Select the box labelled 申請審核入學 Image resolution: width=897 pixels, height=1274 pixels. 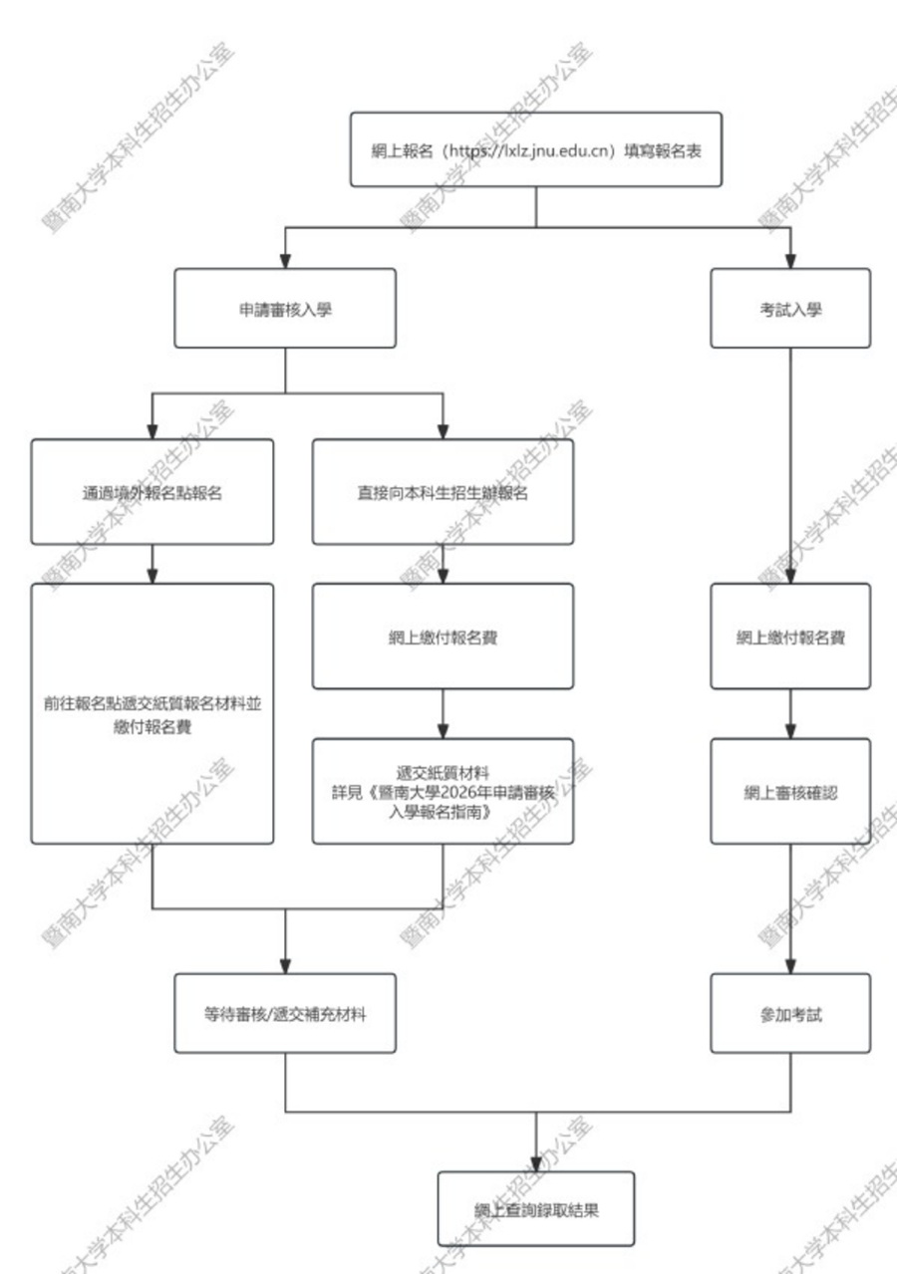tap(285, 309)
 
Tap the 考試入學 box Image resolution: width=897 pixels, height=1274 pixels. tap(790, 309)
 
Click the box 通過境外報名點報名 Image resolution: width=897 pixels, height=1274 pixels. tap(151, 492)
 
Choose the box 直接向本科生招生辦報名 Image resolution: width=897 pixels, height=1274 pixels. tap(443, 492)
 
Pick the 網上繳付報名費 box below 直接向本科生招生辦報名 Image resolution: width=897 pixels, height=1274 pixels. tap(443, 637)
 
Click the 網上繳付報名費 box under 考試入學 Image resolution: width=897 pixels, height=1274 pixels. tap(790, 637)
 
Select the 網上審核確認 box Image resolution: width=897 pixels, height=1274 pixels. tap(790, 792)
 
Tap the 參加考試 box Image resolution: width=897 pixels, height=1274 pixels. tap(790, 1014)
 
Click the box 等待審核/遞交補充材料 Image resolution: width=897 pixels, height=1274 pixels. tap(285, 1014)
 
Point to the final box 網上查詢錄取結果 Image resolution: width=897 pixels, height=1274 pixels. tap(536, 1209)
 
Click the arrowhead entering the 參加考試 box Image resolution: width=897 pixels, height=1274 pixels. tap(790, 966)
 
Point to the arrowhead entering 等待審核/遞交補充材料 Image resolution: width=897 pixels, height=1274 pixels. tap(285, 966)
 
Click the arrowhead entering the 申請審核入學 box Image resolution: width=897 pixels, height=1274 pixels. tap(285, 261)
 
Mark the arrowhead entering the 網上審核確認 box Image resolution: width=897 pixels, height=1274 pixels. tap(790, 731)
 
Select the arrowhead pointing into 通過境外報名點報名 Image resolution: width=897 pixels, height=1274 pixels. tap(151, 431)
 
